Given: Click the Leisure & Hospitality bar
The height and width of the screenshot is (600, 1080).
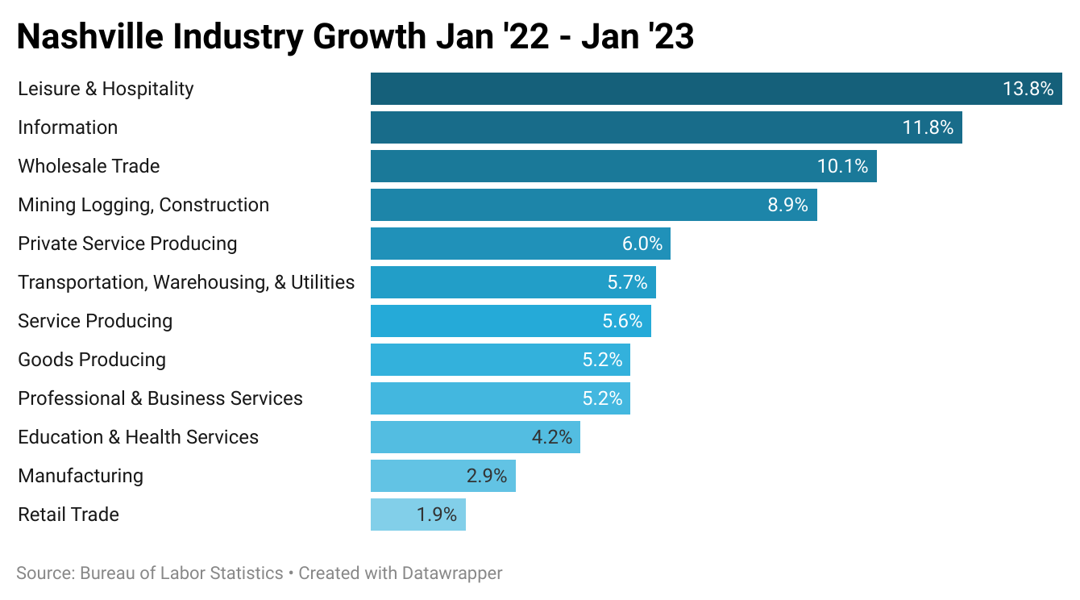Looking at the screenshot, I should (685, 89).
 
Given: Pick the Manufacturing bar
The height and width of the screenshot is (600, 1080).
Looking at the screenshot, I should (419, 476).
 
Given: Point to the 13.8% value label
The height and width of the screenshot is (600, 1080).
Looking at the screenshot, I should (1028, 89).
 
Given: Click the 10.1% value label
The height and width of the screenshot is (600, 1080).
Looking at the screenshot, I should (842, 166).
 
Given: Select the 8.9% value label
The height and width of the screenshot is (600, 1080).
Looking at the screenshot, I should (787, 205).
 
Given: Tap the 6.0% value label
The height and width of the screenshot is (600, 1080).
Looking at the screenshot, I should (642, 244).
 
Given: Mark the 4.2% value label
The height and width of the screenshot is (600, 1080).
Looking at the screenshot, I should (551, 437).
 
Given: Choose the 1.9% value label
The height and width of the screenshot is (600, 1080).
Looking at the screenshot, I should (437, 515).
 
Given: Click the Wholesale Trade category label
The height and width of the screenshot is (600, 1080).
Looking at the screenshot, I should (89, 166).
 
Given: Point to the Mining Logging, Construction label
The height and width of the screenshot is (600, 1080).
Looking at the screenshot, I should (143, 205).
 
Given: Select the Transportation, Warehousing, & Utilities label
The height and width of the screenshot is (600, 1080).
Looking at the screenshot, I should (186, 282).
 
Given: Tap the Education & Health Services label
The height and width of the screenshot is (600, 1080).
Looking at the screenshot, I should (138, 437).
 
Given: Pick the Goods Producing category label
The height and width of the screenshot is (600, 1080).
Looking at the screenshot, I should (92, 360).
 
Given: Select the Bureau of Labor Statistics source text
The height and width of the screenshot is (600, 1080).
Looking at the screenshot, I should (181, 573).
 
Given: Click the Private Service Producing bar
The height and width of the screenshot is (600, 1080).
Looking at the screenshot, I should (500, 244).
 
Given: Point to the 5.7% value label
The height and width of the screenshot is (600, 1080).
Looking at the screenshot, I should (627, 282).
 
